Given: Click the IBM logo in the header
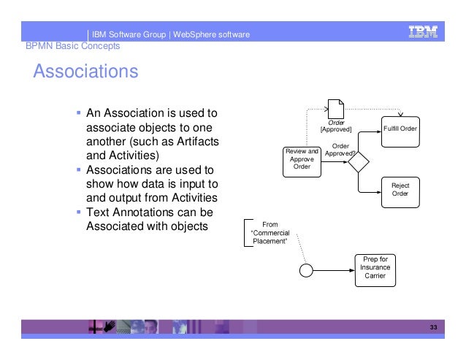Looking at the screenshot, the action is (x=423, y=31).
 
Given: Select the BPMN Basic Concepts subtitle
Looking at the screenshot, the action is (x=72, y=46).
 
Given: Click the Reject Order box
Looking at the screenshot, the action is (x=400, y=190).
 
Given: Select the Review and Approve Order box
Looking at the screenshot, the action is (x=302, y=159).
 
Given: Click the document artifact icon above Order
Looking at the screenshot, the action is (x=336, y=108).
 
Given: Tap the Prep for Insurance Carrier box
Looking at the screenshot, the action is (x=375, y=268).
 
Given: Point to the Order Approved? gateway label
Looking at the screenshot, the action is (x=340, y=150).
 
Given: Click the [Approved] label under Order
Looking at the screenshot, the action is (x=336, y=129).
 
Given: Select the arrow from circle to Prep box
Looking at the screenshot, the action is (x=335, y=269).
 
